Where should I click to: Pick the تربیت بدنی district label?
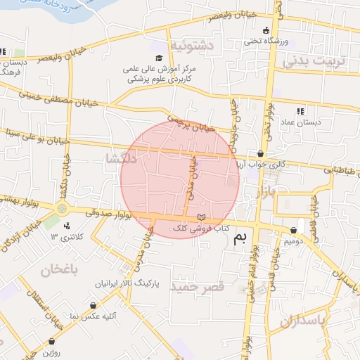click(x=315, y=61)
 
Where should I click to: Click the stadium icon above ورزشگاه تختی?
click(x=266, y=30)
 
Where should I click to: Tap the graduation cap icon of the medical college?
click(x=159, y=58)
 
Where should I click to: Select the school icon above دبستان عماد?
click(x=301, y=110)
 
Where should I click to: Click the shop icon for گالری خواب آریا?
click(x=261, y=153)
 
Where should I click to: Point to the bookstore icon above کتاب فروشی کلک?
click(x=202, y=217)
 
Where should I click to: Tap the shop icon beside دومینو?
click(x=292, y=230)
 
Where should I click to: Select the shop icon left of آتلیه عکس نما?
click(x=94, y=306)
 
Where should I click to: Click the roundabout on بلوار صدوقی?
click(x=63, y=208)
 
